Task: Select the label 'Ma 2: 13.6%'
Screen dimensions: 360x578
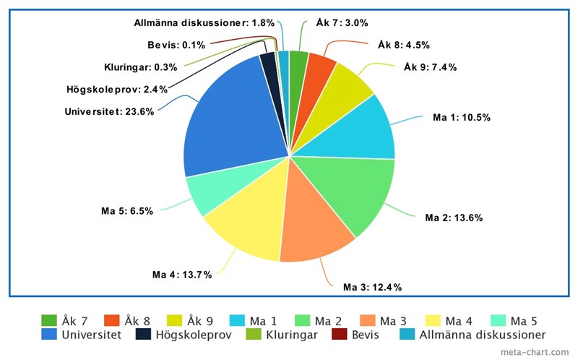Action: click(454, 218)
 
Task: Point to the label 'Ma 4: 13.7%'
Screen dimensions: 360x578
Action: click(181, 275)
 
